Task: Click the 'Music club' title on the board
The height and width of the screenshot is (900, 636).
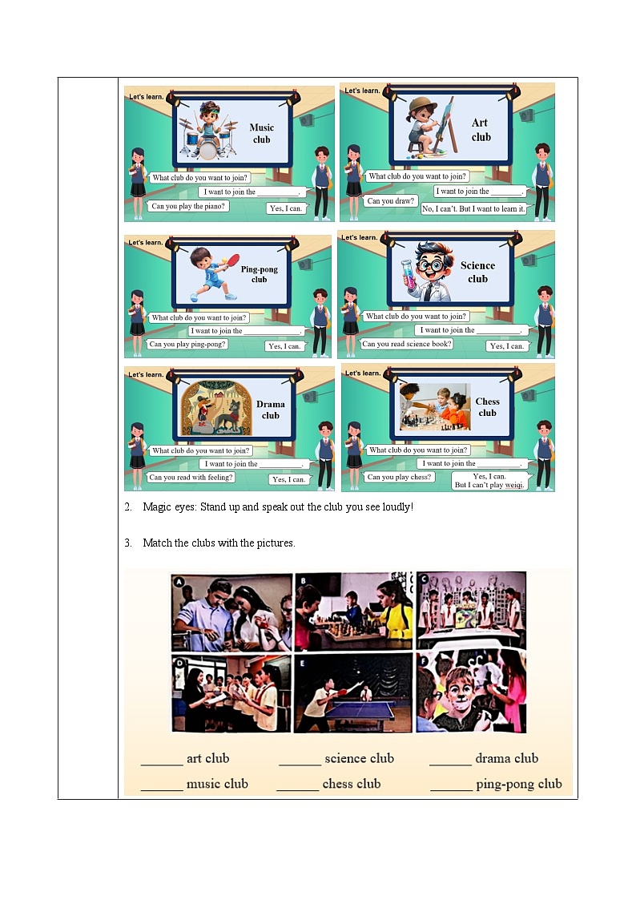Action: click(261, 133)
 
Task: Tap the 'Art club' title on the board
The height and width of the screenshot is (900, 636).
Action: click(481, 130)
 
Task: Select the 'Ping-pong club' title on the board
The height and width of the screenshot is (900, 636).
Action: click(260, 274)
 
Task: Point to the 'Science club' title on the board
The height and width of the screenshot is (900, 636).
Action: click(477, 272)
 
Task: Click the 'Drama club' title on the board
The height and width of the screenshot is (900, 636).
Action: click(271, 410)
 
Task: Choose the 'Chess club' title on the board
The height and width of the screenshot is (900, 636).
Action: click(488, 407)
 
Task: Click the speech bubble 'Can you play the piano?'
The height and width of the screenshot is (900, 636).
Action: click(188, 206)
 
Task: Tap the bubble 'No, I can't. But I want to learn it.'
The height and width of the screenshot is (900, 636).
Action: click(473, 209)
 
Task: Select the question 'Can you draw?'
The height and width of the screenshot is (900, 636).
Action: click(391, 201)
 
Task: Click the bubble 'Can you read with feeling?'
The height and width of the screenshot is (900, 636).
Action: click(191, 477)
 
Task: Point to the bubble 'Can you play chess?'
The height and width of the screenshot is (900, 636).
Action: click(399, 477)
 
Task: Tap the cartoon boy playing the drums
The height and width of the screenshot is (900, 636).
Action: click(209, 131)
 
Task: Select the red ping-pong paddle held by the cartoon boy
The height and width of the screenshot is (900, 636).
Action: click(233, 260)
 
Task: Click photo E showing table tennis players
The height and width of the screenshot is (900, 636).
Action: click(353, 692)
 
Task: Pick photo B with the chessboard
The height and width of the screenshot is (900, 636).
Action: click(353, 611)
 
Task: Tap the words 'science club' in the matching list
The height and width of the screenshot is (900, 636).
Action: click(359, 758)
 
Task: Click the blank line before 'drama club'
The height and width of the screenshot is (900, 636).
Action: click(450, 765)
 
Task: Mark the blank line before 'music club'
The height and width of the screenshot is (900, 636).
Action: click(162, 789)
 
